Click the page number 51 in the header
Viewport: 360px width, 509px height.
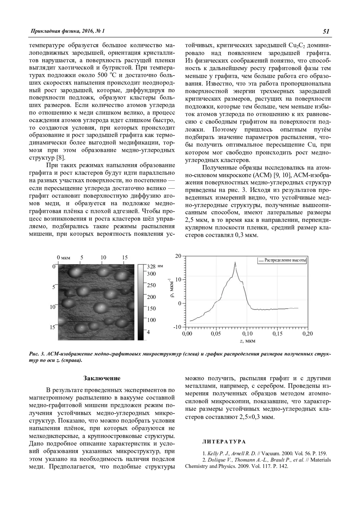326,31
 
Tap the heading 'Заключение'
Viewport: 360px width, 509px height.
102,378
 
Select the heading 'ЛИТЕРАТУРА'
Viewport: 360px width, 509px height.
224,442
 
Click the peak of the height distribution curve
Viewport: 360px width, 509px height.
235,262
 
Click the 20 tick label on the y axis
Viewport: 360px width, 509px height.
178,256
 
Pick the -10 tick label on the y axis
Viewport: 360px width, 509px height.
178,327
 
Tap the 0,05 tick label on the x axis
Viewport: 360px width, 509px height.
216,334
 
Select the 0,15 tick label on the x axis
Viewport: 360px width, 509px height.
277,334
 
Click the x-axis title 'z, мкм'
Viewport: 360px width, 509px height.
247,341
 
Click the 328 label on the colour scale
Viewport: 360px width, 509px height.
151,266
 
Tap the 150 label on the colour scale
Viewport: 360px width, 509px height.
151,308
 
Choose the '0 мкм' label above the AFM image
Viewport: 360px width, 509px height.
64,257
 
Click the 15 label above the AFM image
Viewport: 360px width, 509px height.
125,257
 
